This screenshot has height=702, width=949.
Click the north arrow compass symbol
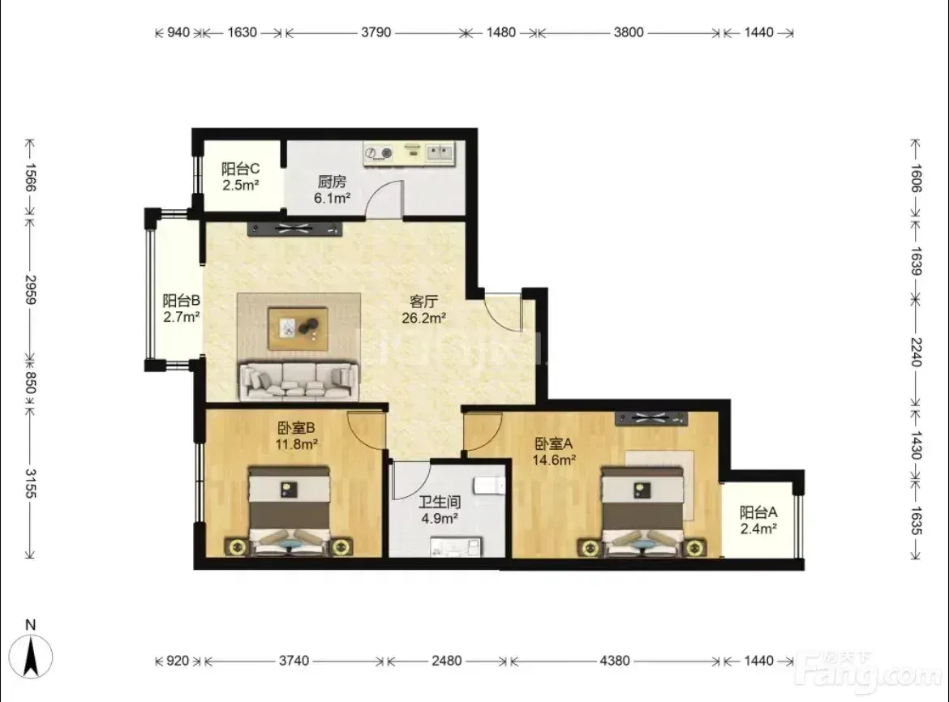pos(31,657)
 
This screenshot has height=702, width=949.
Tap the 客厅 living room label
pos(423,301)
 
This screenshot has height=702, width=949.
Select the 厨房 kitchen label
pos(332,182)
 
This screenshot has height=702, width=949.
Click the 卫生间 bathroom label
pos(440,502)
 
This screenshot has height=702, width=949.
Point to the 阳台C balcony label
pos(240,169)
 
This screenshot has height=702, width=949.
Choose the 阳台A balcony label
pos(758,513)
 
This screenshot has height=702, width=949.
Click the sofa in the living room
pos(299,381)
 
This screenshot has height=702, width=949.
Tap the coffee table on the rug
pos(298,328)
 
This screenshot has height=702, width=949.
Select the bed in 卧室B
pos(290,511)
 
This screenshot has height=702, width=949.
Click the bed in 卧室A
pos(642,512)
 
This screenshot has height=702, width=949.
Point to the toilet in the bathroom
pos(489,486)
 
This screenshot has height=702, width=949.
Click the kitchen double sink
pos(440,152)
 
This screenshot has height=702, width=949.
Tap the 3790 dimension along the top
pos(376,32)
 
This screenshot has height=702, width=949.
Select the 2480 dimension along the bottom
pos(447,661)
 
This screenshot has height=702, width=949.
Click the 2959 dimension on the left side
pos(30,289)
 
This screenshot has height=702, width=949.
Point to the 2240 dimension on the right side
pos(916,352)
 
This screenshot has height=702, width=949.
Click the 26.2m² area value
pos(424,318)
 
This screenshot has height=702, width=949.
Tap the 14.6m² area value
pos(554,460)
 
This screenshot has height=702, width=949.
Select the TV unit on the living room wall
pos(294,229)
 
